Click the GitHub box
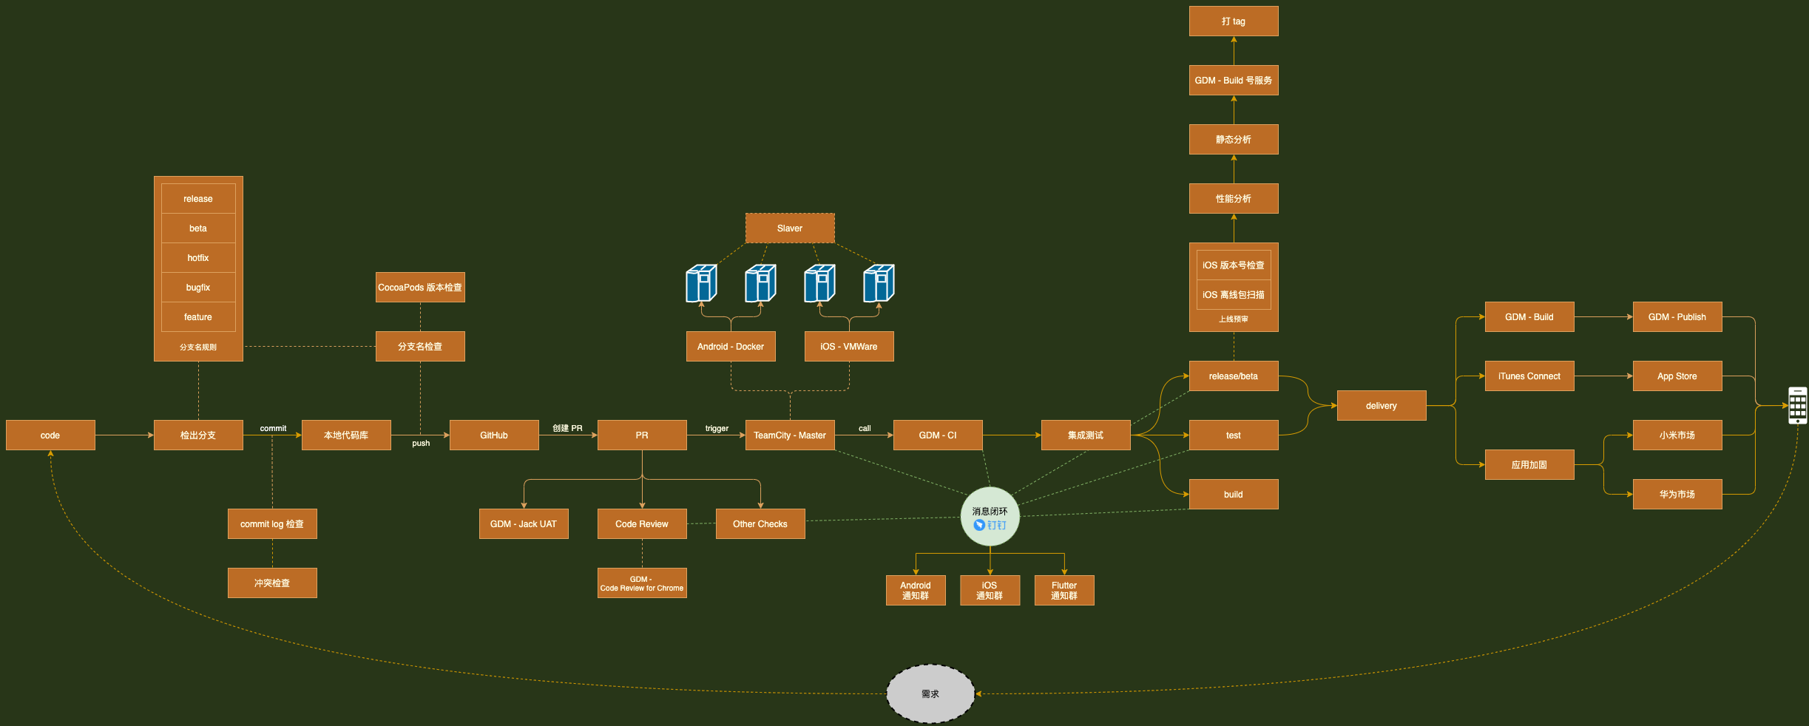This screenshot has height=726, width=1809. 494,435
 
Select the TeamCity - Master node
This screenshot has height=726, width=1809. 790,435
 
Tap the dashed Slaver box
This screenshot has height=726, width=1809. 790,228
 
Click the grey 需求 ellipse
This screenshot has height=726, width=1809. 930,693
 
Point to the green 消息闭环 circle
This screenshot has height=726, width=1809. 990,516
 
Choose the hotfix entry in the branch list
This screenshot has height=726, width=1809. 198,257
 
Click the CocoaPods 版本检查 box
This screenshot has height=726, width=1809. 420,287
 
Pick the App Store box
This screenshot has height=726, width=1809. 1677,376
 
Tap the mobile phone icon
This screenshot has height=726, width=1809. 1797,405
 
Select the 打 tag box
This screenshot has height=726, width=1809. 1234,21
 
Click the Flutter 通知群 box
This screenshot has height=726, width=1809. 1064,590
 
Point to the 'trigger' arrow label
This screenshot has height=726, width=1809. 717,428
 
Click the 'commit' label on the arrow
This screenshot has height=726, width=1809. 273,428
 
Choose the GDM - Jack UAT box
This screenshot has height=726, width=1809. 524,523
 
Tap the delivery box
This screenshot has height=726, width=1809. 1382,405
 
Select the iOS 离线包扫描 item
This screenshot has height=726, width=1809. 1234,294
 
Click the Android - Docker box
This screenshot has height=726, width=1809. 731,346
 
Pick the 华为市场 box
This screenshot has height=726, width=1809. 1677,494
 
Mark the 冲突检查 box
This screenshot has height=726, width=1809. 272,583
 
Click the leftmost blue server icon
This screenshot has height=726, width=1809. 701,283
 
